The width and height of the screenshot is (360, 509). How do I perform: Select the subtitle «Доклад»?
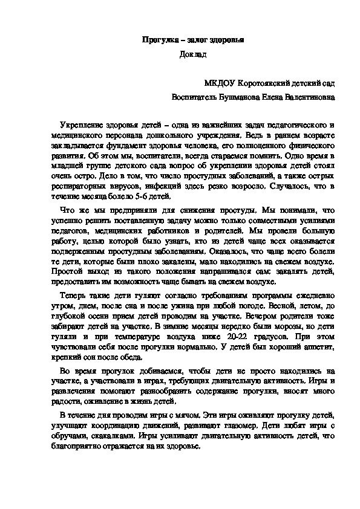tap(193, 55)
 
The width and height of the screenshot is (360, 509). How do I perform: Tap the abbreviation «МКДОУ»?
tap(221, 82)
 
